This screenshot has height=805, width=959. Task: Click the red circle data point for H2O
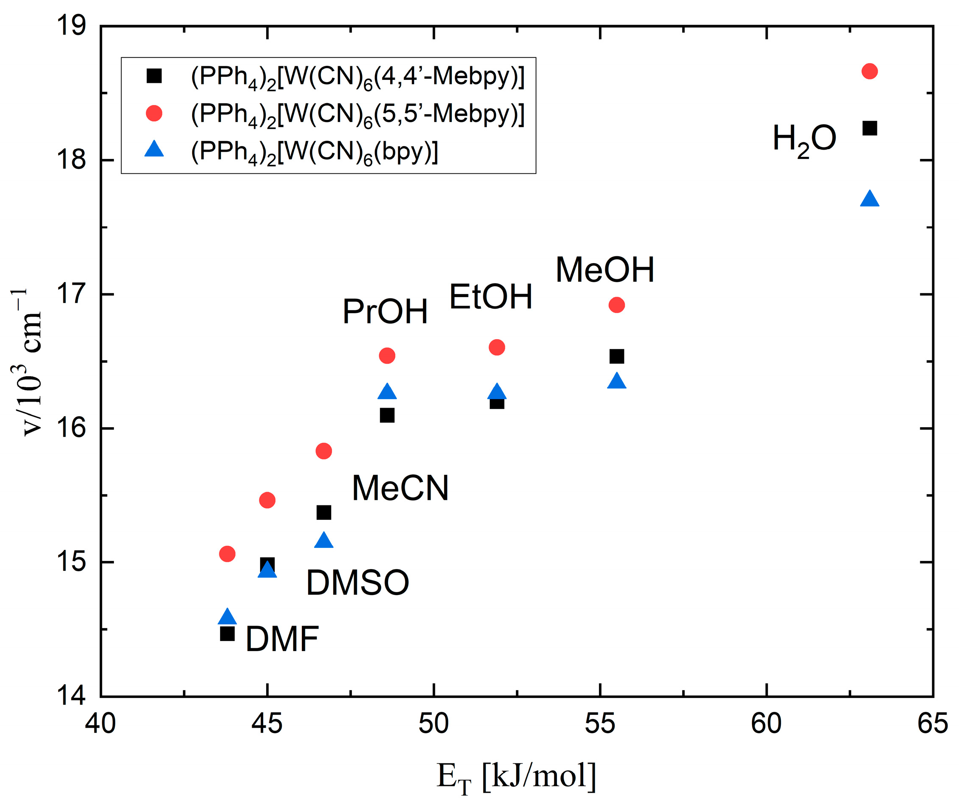coord(869,72)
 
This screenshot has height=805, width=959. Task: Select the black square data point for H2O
coord(869,128)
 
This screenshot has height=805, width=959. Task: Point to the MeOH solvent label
coord(604,270)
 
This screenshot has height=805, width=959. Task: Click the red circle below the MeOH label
coord(616,305)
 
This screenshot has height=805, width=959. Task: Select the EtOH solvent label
coord(491,297)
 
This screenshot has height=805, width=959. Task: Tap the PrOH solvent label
coord(385,312)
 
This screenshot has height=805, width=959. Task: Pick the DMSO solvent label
coord(357,583)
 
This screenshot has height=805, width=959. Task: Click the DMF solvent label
coord(282,639)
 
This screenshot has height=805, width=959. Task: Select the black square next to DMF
coord(227,634)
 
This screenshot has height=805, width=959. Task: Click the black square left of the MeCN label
coord(324,513)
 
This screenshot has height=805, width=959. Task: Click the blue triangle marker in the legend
coord(154,150)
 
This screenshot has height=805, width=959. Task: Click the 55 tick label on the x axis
coord(600,724)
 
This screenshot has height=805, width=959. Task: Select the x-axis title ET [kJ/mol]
coord(516,776)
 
